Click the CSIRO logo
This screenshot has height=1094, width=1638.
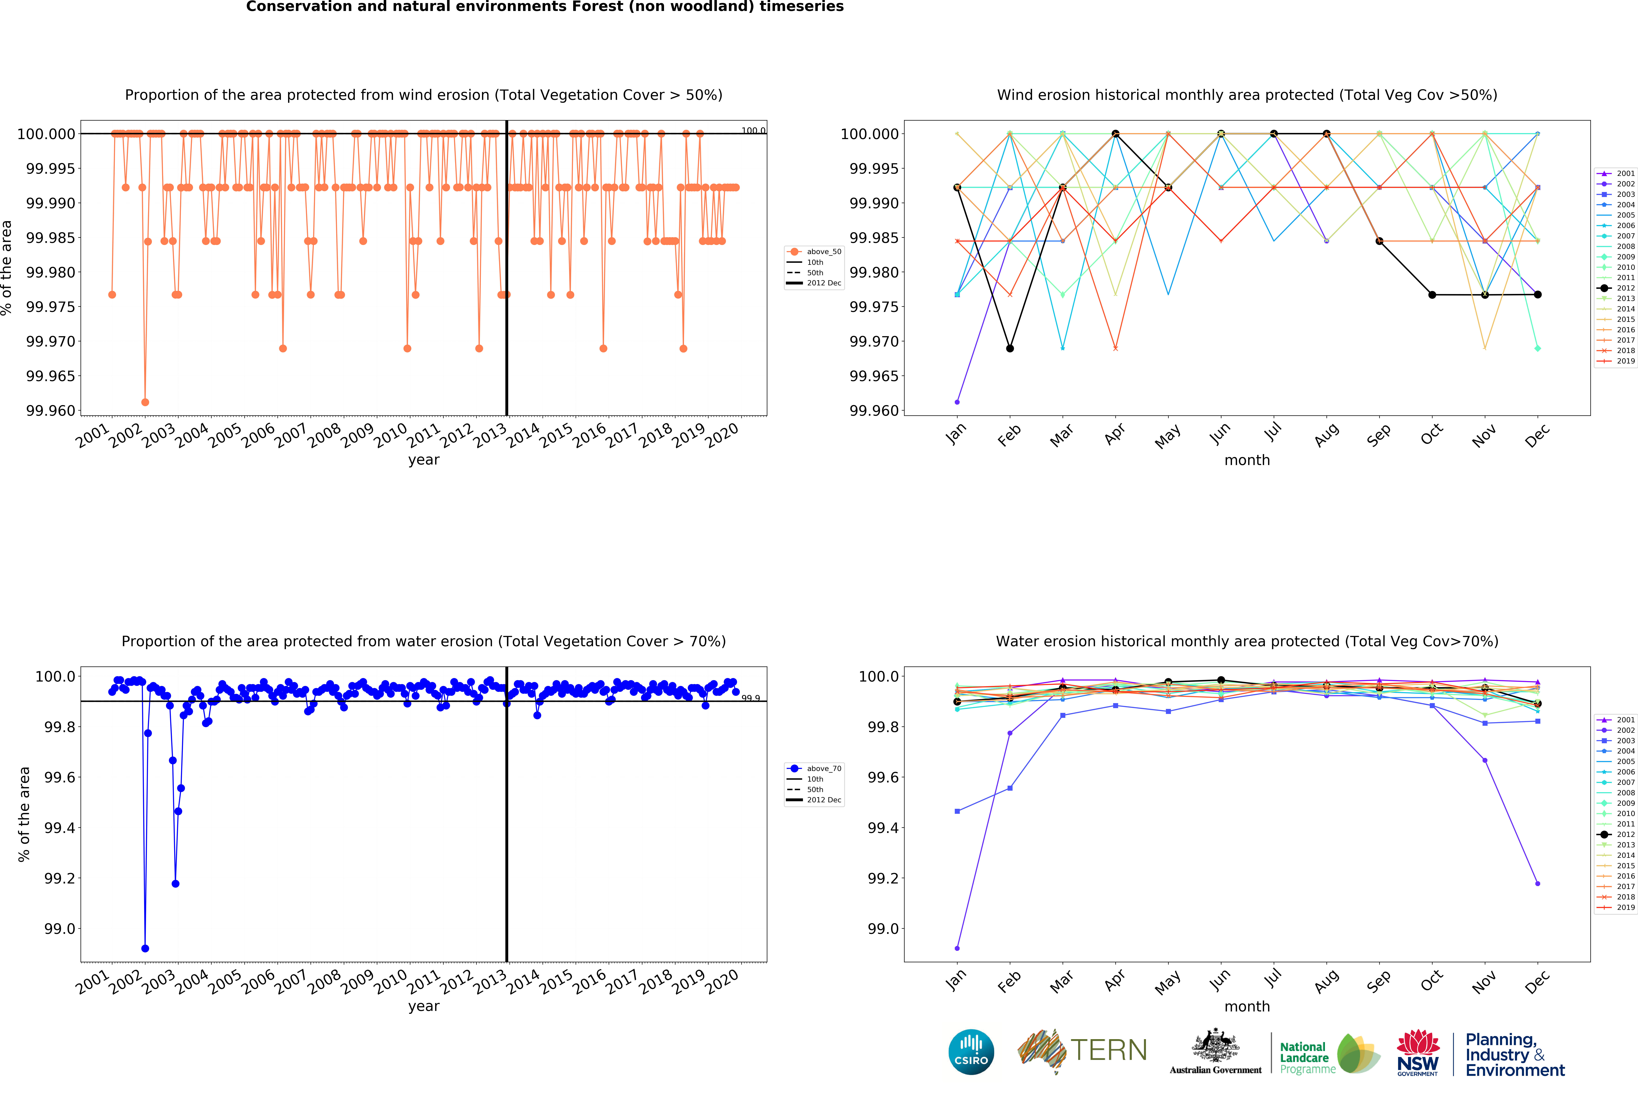coord(971,1052)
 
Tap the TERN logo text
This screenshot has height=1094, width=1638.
coord(1108,1050)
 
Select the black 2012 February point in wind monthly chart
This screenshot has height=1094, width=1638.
coord(1010,348)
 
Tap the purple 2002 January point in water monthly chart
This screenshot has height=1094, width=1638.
coord(957,948)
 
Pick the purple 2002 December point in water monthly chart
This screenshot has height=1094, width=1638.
coord(1538,883)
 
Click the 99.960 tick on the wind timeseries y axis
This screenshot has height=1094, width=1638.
coord(50,410)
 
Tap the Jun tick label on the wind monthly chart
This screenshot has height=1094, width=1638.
coord(1219,434)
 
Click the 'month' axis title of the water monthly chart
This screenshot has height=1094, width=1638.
coord(1246,1006)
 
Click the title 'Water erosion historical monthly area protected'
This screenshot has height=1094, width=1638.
coord(1246,641)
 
